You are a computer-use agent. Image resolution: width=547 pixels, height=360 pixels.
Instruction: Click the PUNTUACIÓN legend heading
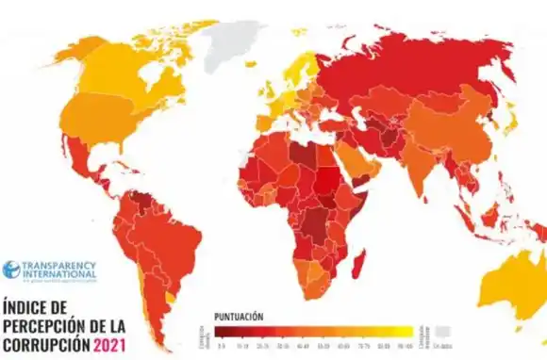pyautogui.click(x=238, y=317)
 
